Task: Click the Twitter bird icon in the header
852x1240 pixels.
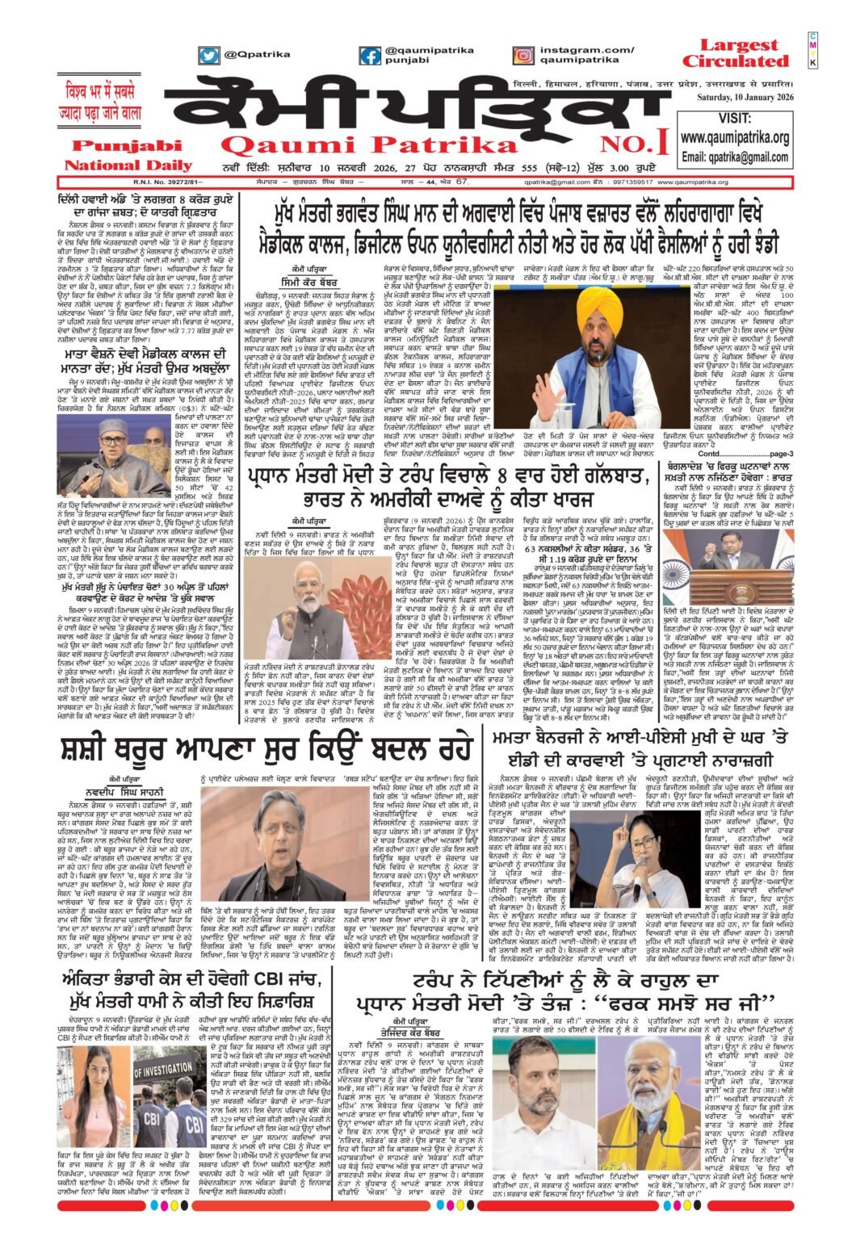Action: (209, 56)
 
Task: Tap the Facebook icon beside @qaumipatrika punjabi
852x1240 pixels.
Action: (371, 56)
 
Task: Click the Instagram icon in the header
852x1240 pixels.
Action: (523, 56)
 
